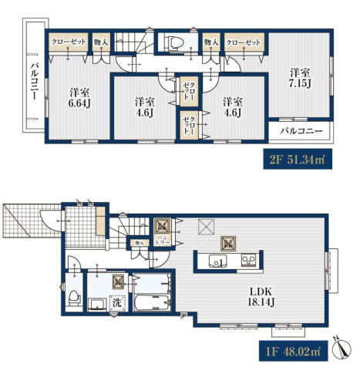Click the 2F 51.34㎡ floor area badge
[x=298, y=159]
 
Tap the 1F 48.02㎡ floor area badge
[x=293, y=351]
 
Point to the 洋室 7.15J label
[x=300, y=78]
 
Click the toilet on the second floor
[x=176, y=42]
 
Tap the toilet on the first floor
[x=75, y=298]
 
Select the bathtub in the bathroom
[x=152, y=302]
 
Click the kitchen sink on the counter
[x=217, y=261]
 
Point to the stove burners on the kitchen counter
[x=248, y=260]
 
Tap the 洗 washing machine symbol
[x=117, y=302]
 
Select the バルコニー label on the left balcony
[x=34, y=81]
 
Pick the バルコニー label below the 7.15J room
[x=301, y=131]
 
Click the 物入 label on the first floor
[x=139, y=243]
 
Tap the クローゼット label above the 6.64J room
[x=69, y=42]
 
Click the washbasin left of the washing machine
[x=96, y=305]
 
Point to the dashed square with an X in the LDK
[x=206, y=226]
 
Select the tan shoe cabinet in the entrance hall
[x=101, y=221]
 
